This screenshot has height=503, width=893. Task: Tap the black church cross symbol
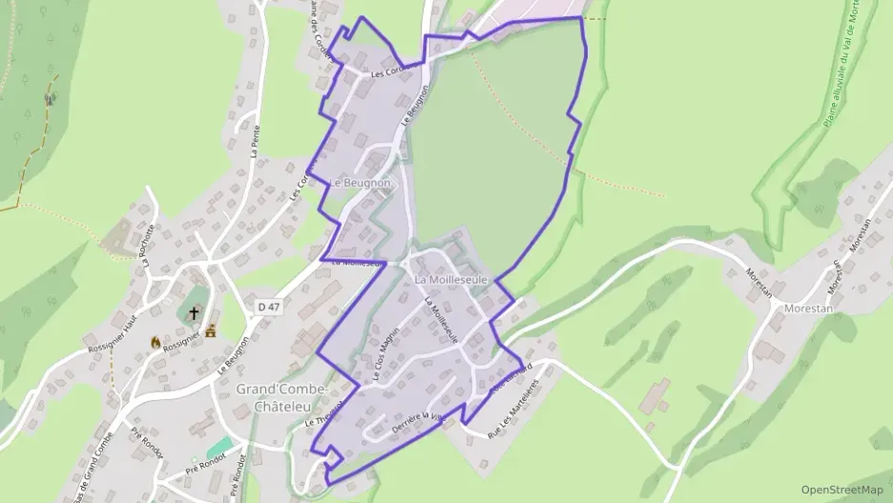(x=195, y=312)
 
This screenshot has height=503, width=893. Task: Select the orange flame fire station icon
(x=156, y=341)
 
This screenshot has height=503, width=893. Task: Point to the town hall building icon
(x=211, y=330)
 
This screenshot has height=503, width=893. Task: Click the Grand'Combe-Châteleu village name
(x=282, y=399)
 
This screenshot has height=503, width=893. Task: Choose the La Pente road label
(x=255, y=139)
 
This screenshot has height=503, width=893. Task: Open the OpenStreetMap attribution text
(x=842, y=490)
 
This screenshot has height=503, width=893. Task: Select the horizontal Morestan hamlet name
(x=807, y=309)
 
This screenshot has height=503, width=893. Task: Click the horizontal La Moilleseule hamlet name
(x=451, y=280)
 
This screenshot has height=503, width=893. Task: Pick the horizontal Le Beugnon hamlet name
(x=361, y=182)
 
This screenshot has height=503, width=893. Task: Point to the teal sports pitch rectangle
(x=221, y=447)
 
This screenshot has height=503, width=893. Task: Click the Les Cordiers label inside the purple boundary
(x=388, y=73)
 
